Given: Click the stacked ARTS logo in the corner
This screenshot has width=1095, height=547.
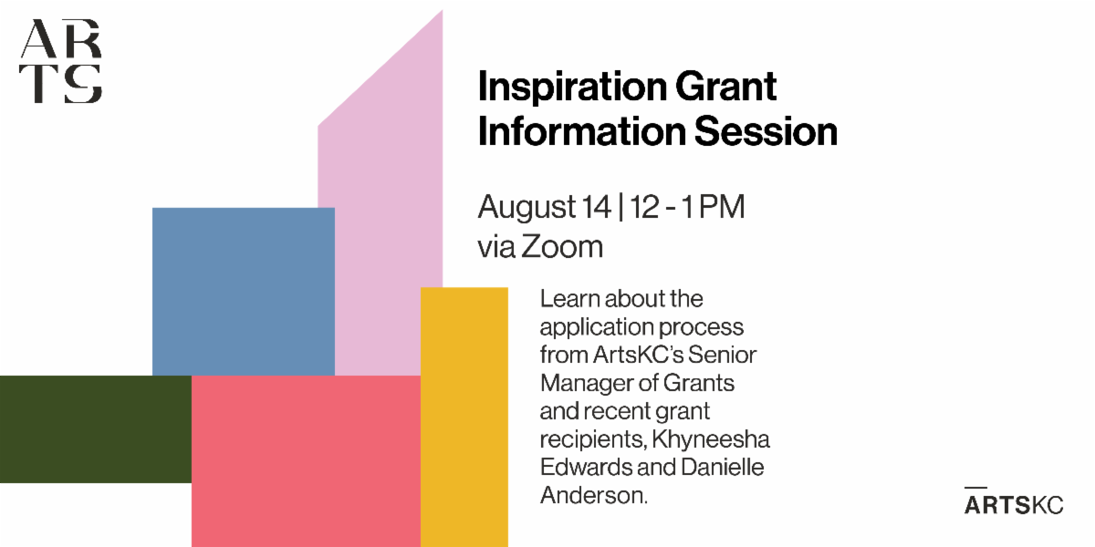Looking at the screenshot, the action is (x=60, y=61).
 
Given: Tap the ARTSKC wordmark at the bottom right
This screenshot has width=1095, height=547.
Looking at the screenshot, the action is (x=1014, y=502).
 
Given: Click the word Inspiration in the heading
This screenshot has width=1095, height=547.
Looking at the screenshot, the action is (x=572, y=88).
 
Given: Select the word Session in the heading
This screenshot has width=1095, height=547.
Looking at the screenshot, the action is (x=766, y=131).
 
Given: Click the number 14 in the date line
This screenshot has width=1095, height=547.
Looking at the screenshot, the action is (x=597, y=207).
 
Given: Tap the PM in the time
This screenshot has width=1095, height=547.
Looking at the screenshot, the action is (x=722, y=207).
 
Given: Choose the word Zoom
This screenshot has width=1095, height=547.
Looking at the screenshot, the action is (x=562, y=246).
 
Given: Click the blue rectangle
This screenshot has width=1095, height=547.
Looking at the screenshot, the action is (x=244, y=292).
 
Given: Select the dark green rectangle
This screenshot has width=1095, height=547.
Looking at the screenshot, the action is (x=96, y=429).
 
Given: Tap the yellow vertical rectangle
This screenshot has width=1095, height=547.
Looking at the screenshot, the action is (x=464, y=418).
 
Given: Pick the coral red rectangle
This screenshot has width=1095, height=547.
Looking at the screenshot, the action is (x=306, y=461).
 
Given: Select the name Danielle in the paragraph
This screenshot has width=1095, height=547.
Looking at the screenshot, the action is (x=723, y=467).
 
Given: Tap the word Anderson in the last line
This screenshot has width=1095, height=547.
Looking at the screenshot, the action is (x=593, y=495).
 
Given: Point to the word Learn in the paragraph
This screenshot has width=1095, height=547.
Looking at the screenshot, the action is (x=570, y=298).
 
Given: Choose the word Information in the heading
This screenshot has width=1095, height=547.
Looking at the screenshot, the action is (x=583, y=131).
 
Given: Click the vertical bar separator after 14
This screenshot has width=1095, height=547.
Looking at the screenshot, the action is (x=620, y=207).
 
